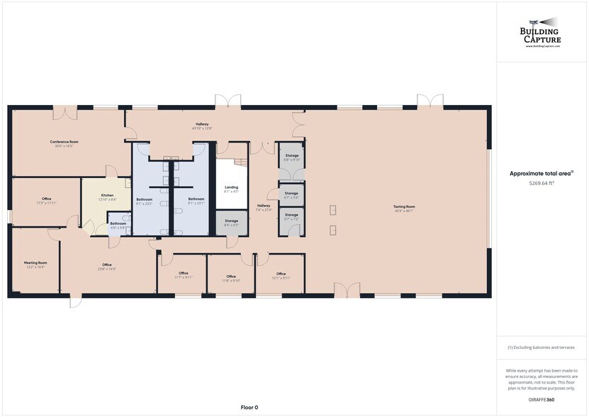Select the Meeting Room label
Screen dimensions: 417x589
35,265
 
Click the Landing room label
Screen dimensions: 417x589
231,189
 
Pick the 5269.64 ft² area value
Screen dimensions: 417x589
542,183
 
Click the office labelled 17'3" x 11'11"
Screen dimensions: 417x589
46,201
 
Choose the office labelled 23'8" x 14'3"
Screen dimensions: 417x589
107,267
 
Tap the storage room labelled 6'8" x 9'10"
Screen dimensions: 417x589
292,157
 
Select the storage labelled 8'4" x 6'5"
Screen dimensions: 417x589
231,223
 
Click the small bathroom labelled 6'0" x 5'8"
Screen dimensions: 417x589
118,225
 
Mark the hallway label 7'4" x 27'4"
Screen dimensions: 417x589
263,207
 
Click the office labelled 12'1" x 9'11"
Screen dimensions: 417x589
281,276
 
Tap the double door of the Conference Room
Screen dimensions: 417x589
65,112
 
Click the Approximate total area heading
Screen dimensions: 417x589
542,173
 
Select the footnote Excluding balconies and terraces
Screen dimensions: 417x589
542,347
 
